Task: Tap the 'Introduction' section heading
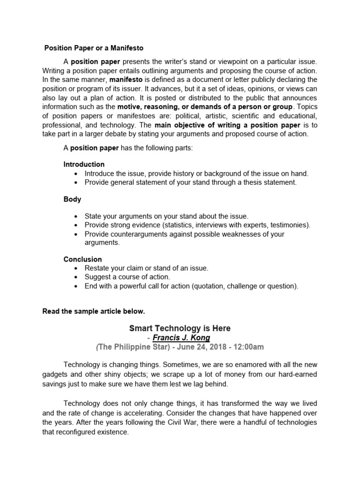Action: [x=84, y=165]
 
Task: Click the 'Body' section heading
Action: [x=72, y=199]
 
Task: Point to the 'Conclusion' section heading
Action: [x=82, y=259]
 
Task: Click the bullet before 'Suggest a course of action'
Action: [x=76, y=277]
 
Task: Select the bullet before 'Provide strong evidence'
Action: [x=76, y=225]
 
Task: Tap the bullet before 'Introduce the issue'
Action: [x=76, y=173]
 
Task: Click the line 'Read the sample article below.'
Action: [x=94, y=311]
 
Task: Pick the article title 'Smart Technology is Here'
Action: [x=180, y=328]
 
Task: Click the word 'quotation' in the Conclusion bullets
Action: [x=210, y=286]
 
